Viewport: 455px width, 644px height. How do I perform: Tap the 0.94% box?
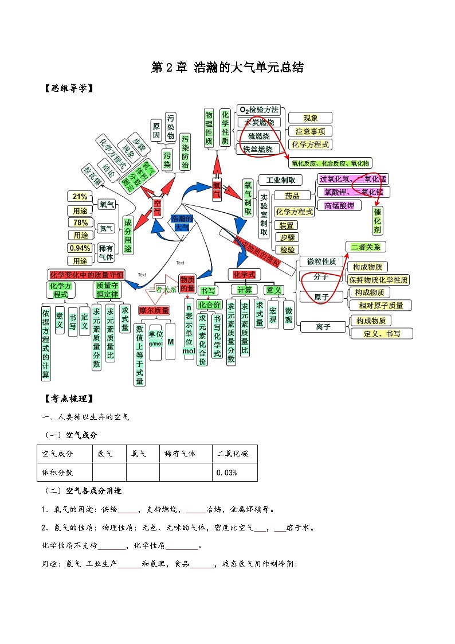click(80, 248)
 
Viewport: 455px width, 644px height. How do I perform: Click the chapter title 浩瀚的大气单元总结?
click(227, 67)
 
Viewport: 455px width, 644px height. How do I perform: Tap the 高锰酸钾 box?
click(339, 205)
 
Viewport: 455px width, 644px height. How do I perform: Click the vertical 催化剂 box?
click(377, 221)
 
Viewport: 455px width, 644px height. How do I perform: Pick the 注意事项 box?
click(310, 131)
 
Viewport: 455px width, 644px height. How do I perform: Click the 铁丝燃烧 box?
click(258, 149)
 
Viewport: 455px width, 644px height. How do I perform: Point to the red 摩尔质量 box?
click(154, 310)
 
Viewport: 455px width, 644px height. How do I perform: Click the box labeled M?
click(171, 342)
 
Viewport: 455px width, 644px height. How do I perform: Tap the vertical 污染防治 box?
click(185, 152)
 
